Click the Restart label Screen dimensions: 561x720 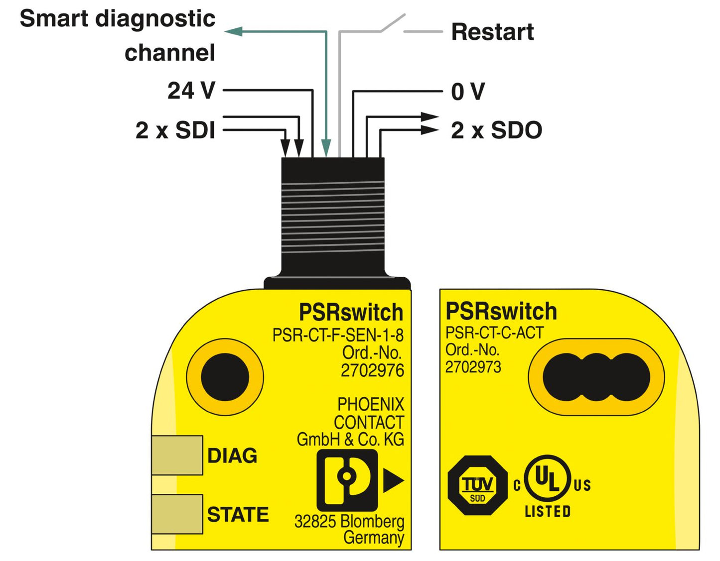click(492, 32)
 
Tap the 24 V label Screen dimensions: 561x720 click(191, 91)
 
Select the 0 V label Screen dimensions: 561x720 click(467, 92)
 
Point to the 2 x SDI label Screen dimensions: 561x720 click(175, 130)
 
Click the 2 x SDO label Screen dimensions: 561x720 click(496, 130)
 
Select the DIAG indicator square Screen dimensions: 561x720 click(177, 455)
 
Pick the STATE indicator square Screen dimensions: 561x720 click(177, 514)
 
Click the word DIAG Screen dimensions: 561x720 click(232, 456)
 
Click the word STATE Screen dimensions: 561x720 click(238, 515)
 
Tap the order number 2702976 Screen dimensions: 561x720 click(372, 371)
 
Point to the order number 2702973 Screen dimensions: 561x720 click(473, 367)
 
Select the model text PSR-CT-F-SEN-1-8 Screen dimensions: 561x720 click(338, 335)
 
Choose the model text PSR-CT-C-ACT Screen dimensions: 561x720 click(494, 333)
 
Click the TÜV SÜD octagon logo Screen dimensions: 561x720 click(477, 485)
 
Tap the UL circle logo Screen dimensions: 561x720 click(547, 478)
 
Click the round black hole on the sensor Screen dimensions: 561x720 click(225, 377)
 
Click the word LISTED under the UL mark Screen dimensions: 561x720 click(547, 512)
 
